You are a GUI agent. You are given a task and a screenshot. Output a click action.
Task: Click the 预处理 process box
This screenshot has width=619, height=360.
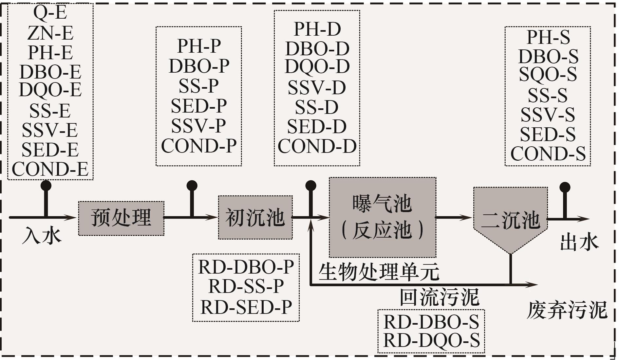pos(121,218)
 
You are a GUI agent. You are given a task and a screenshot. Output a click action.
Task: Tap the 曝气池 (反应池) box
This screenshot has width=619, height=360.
pos(383,217)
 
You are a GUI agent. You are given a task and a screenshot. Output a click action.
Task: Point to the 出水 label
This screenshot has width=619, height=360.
pos(579,242)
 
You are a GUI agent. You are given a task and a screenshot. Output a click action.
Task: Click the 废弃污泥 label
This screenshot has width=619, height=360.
pos(567,310)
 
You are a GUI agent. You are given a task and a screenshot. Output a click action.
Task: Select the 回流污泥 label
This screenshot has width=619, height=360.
pos(439,297)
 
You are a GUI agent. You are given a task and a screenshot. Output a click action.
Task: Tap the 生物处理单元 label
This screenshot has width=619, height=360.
pos(379,272)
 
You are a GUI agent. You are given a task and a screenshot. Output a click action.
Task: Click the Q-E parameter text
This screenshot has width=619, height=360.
pos(50,13)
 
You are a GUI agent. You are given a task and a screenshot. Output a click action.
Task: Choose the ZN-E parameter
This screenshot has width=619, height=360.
pos(50,33)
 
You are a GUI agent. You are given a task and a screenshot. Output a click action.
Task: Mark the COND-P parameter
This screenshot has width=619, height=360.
pos(199,146)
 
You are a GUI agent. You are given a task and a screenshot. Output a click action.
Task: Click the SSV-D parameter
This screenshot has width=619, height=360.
pos(317,88)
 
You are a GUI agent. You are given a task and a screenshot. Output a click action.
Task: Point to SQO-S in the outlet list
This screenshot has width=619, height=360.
pos(548,74)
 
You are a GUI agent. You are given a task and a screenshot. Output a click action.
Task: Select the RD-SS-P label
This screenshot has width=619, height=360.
pos(246,286)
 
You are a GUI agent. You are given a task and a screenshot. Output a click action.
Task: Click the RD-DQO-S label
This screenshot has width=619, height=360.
pos(431,340)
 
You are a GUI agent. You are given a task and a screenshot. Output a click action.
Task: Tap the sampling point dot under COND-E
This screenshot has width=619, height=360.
pos(46,186)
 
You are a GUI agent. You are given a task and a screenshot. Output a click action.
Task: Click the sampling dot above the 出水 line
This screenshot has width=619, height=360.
pos(565,188)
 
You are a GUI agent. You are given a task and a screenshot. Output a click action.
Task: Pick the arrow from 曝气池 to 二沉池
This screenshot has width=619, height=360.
pos(454,217)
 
